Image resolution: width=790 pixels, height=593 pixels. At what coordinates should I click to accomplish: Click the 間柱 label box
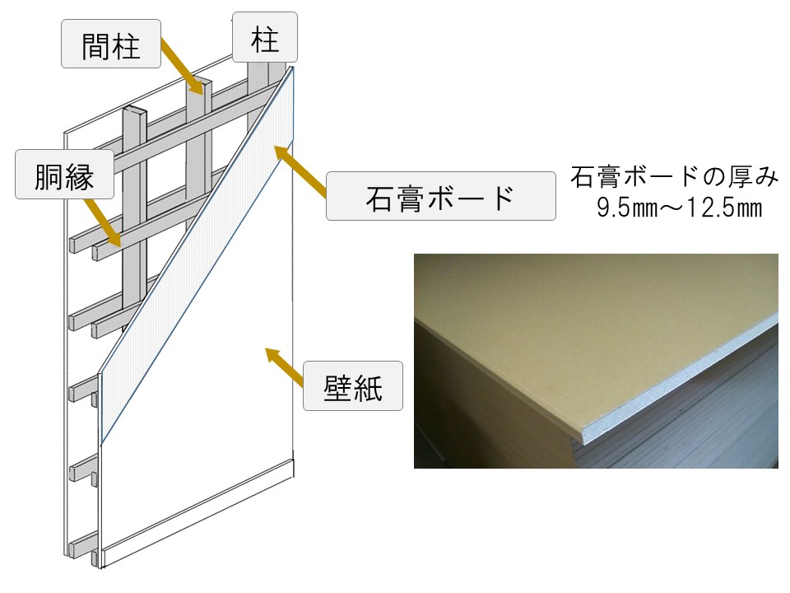(111, 44)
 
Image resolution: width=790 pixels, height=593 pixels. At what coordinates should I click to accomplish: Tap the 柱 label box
(265, 37)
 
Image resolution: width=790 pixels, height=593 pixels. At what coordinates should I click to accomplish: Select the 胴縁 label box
(64, 174)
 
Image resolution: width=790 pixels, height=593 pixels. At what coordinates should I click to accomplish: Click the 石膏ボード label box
(441, 196)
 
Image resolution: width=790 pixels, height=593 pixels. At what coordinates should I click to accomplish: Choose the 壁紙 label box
(353, 385)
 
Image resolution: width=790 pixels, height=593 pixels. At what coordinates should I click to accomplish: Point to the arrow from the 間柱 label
(183, 66)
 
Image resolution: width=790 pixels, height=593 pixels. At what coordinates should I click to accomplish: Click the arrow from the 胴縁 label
(103, 222)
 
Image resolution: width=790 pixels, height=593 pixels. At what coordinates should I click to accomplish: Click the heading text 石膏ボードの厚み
(675, 176)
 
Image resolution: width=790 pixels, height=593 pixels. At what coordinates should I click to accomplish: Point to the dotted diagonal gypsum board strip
(197, 255)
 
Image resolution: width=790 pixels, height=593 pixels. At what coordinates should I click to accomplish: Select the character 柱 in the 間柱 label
(125, 44)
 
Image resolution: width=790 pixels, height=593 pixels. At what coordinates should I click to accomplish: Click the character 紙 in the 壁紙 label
(368, 387)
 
